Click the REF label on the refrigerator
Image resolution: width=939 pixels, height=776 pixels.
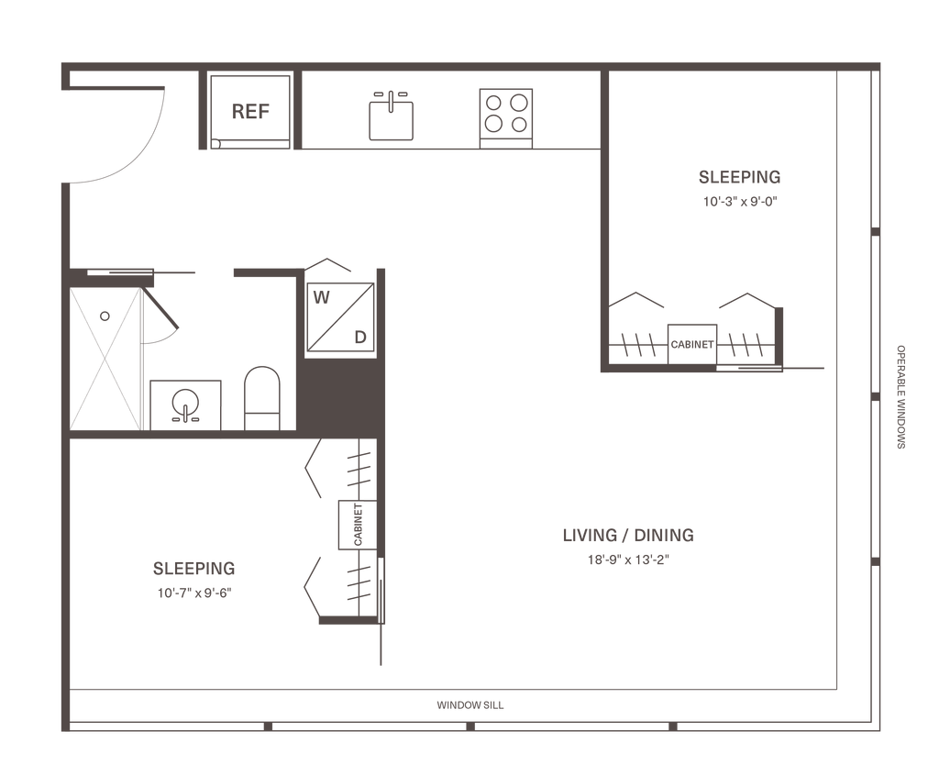pos(249,112)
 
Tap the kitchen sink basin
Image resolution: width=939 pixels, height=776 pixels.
pos(392,118)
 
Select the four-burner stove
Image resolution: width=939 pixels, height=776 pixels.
pos(507,112)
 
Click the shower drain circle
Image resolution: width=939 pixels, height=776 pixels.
pos(105,316)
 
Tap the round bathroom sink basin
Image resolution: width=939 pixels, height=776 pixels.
pos(186,404)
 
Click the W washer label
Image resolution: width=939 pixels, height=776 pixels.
pos(322,297)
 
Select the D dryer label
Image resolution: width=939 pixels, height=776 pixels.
pos(360,337)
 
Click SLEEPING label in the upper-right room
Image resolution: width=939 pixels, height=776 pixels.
pos(739,177)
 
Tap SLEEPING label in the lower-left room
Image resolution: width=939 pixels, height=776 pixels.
pos(193,568)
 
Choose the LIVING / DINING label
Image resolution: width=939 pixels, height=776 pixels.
pos(628,535)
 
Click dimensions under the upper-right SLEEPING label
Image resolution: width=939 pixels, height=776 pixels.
pos(739,202)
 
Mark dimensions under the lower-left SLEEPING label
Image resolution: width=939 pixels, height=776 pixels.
pos(193,593)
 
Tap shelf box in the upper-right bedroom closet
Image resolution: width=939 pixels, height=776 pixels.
pos(691,344)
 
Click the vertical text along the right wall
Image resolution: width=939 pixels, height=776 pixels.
pos(900,396)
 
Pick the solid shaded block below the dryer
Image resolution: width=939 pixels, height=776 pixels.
pos(339,393)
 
